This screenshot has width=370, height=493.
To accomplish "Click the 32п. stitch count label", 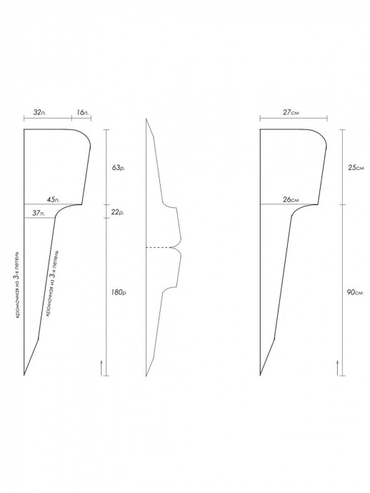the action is tap(39, 112).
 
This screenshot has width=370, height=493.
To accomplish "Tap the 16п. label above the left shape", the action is tap(82, 112).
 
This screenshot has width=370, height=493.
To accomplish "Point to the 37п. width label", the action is tap(39, 213).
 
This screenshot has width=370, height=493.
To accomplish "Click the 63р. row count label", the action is tap(119, 168).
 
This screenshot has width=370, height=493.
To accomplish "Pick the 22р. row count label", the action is tap(118, 212).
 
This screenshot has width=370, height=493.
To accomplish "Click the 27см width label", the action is tap(291, 112).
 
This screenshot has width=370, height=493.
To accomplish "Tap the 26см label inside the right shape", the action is tap(291, 199).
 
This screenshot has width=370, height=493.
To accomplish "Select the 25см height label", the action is tap(356, 168).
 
